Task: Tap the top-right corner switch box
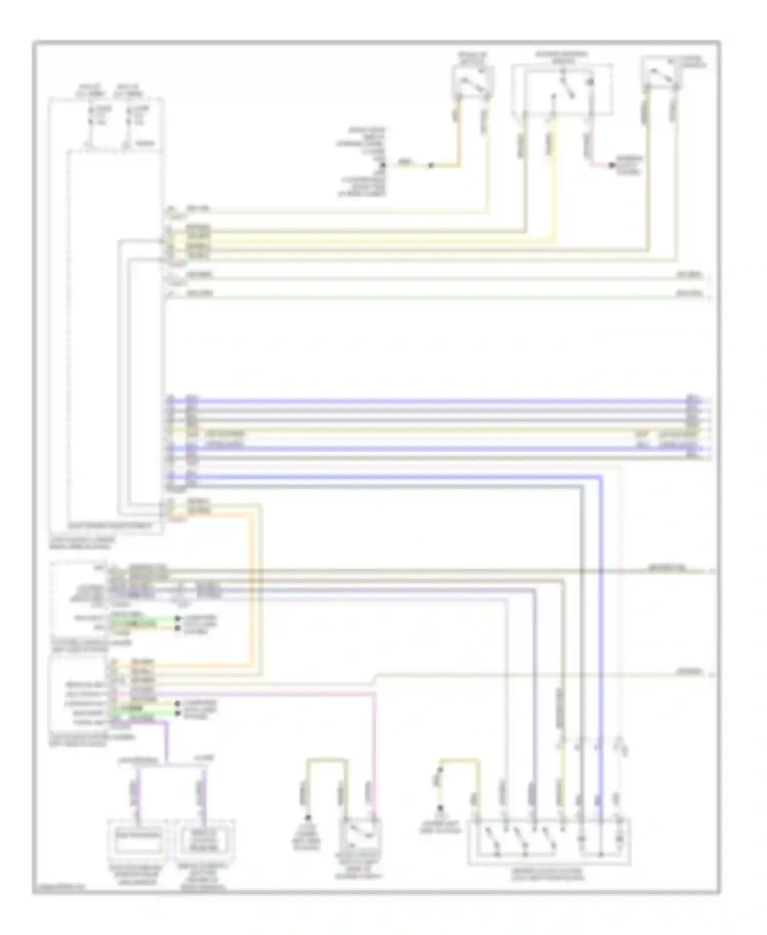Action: point(662,75)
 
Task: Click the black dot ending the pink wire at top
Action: point(611,165)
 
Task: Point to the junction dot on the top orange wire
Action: point(431,165)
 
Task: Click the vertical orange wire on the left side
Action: point(252,588)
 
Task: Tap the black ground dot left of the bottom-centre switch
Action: point(308,817)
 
